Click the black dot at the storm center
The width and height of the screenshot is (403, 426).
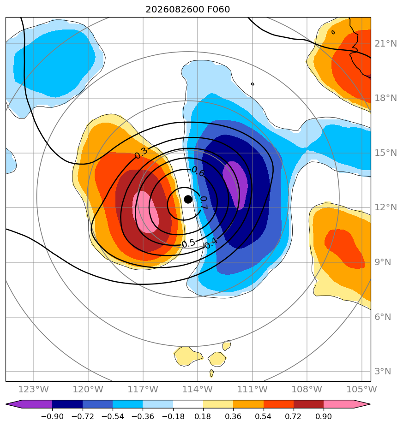pos(188,199)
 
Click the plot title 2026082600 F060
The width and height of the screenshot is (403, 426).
pos(188,10)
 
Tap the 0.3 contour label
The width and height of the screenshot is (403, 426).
pos(141,153)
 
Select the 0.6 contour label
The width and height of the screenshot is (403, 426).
pos(198,171)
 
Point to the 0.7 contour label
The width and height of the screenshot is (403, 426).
pos(204,203)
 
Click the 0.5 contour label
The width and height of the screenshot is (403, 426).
pos(188,243)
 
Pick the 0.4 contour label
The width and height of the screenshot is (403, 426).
pos(211,243)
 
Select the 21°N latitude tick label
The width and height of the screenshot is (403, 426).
pos(385,43)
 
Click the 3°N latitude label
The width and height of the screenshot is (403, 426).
pos(383,371)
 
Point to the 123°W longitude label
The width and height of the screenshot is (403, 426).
pos(33,389)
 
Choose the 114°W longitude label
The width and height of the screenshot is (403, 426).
pos(197,389)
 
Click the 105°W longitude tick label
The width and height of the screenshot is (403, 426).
pos(361,389)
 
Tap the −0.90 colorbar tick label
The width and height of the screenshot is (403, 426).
pos(52,416)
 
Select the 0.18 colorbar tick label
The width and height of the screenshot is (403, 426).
pos(203,416)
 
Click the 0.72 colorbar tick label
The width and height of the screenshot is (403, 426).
pos(293,416)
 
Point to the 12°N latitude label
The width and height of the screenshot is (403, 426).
pos(385,207)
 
